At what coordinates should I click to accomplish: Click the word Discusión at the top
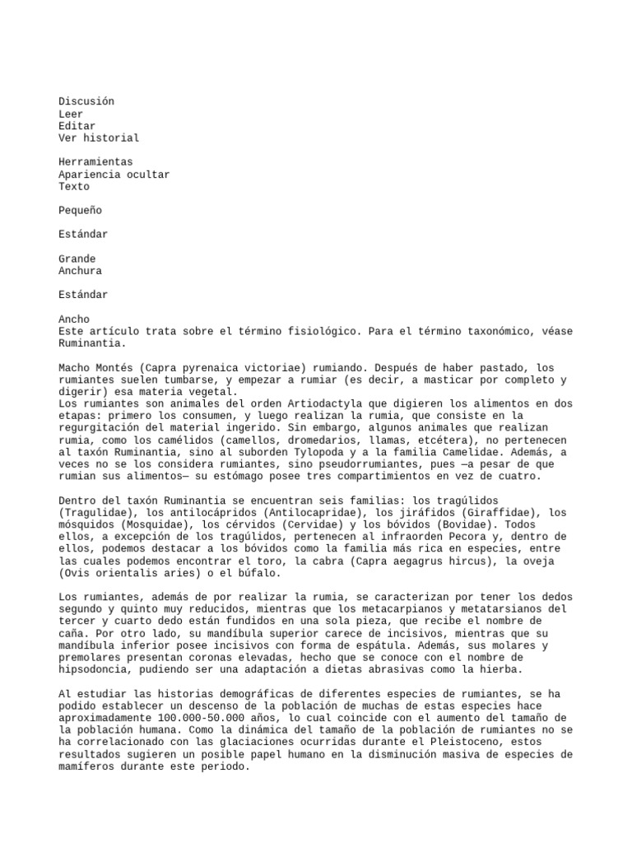pyautogui.click(x=86, y=101)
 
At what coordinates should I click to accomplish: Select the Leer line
pyautogui.click(x=71, y=114)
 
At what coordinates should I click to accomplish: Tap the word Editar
pyautogui.click(x=77, y=126)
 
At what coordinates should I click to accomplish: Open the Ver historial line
pyautogui.click(x=99, y=138)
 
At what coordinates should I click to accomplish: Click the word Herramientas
pyautogui.click(x=95, y=162)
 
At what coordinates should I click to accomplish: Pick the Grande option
pyautogui.click(x=77, y=259)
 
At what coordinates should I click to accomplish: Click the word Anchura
pyautogui.click(x=80, y=271)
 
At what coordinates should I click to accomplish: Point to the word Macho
pyautogui.click(x=74, y=367)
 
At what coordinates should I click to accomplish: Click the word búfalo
pyautogui.click(x=259, y=573)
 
